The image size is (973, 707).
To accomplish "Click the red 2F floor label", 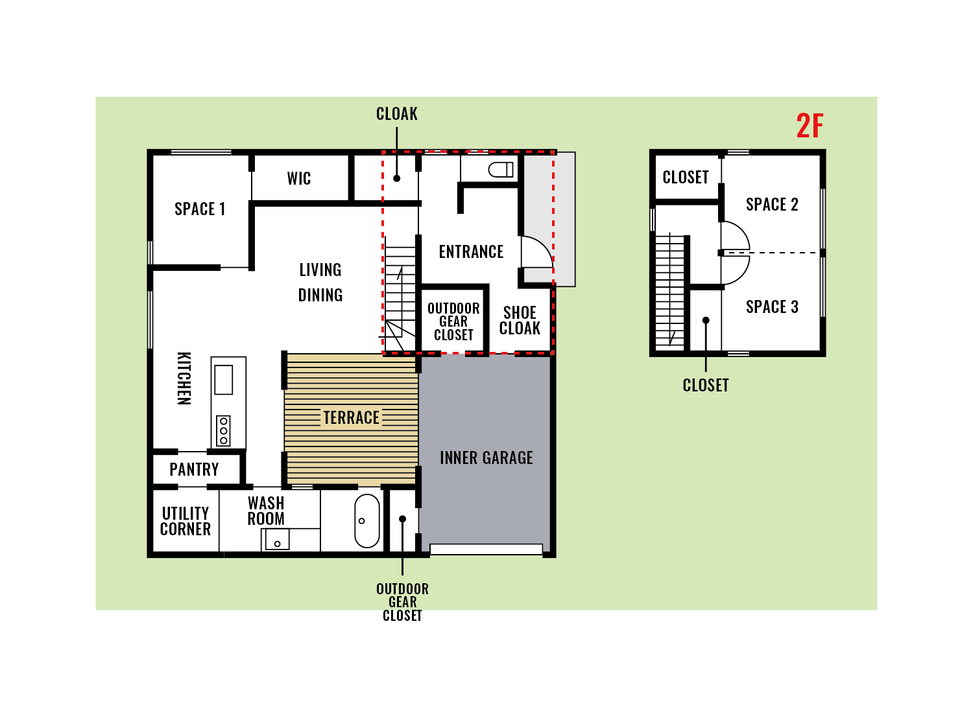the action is coord(810,126).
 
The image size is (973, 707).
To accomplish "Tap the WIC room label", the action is coord(299,178).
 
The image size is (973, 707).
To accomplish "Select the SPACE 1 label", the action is coord(200,209).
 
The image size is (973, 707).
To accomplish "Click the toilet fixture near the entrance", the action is coord(501,169).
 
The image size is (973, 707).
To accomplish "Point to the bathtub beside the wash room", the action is coord(367,521).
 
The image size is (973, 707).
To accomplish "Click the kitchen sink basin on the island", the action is coord(223,380).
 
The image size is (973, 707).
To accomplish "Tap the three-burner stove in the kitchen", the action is coord(223,431).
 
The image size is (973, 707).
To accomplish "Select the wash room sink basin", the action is coord(277,539).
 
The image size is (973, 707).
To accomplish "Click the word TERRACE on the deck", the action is coord(352,417).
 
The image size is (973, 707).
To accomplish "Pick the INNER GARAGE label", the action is coord(486,458).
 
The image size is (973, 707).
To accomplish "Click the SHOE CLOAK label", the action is coord(520,320).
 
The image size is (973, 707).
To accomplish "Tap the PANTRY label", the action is coord(194,469).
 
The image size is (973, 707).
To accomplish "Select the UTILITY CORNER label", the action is coord(186,521).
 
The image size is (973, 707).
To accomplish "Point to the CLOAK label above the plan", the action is coord(396,113).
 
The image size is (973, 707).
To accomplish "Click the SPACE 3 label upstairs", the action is coord(772,307).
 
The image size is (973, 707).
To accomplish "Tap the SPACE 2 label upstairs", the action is coord(772,204).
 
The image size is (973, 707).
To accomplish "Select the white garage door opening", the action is coord(486,550).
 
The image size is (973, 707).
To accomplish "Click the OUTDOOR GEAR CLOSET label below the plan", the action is coord(402,602).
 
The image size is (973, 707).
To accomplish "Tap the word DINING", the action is coord(320,295).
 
